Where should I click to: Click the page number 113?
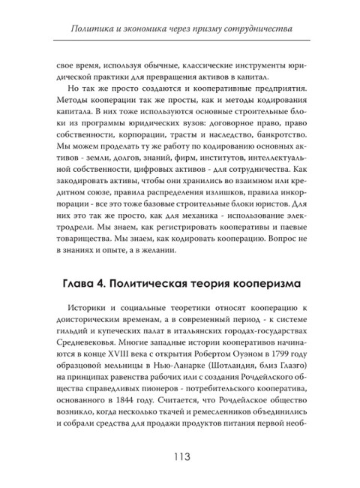click(x=180, y=457)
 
